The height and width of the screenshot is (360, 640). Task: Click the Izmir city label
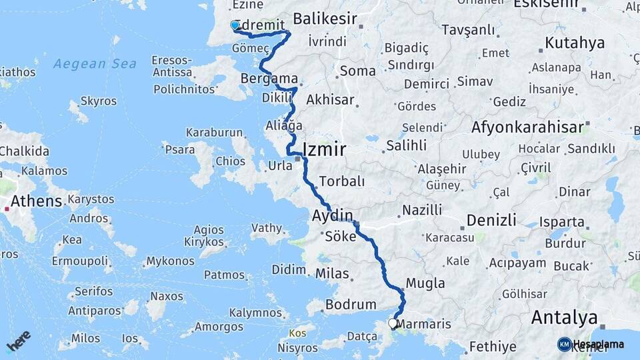325,149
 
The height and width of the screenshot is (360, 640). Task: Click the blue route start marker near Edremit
235,25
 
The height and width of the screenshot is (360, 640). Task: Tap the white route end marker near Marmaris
393,324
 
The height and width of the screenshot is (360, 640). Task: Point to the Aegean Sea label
95,64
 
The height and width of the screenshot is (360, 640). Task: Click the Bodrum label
351,305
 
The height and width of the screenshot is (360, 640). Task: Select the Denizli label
491,220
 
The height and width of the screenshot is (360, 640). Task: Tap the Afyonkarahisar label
527,127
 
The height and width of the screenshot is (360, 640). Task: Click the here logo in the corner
18,340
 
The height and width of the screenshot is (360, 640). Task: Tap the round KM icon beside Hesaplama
564,344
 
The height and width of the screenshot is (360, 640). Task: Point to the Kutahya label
575,43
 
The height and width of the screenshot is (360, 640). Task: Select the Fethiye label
493,346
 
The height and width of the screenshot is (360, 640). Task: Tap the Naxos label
167,296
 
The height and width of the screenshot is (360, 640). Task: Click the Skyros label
98,101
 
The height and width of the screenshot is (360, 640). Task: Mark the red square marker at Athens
7,209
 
